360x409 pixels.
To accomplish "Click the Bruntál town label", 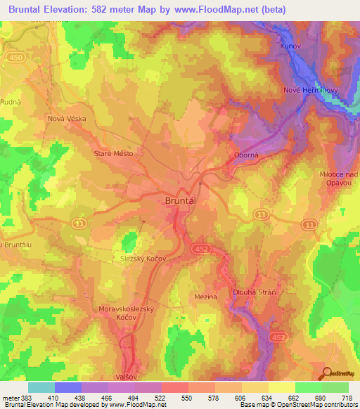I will [x=179, y=200].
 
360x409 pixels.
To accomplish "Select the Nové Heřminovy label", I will [x=311, y=90].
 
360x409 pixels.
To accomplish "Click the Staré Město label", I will [x=113, y=152].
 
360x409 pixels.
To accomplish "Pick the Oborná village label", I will [x=245, y=155].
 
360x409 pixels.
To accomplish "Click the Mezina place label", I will [x=205, y=297].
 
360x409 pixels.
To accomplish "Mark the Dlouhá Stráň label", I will [x=253, y=292].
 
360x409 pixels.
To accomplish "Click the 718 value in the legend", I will [x=347, y=397].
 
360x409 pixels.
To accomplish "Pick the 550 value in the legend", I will [x=186, y=397].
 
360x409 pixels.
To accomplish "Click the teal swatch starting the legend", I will [x=41, y=387].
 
